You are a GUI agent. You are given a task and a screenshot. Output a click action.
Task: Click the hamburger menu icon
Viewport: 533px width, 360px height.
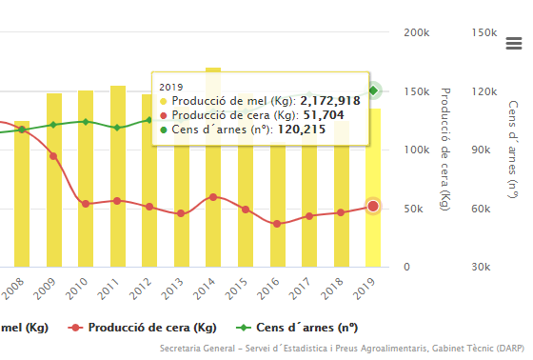click(x=514, y=43)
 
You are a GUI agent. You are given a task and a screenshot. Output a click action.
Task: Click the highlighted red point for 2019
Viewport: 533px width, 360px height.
click(x=373, y=206)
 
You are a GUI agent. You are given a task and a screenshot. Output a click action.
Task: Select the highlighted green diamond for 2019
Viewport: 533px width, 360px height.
click(x=374, y=90)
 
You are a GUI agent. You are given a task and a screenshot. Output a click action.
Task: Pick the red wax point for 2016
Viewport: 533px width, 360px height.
click(x=277, y=224)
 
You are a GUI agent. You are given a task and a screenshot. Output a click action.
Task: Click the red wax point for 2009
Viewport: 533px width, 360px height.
click(x=53, y=156)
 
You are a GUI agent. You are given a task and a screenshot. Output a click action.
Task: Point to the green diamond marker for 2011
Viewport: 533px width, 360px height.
click(x=117, y=128)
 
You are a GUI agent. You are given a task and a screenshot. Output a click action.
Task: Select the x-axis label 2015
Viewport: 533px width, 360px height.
click(x=246, y=285)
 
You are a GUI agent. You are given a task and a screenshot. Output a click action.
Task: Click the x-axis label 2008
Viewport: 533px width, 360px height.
click(x=14, y=285)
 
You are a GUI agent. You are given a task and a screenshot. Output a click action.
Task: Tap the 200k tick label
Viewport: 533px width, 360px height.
click(x=415, y=32)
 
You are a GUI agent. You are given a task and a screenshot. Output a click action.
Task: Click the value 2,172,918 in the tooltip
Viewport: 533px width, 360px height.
click(x=329, y=100)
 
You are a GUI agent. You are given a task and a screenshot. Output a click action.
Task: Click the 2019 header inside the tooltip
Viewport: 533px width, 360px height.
click(x=170, y=86)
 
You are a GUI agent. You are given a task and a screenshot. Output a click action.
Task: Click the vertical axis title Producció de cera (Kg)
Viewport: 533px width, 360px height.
click(x=444, y=149)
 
